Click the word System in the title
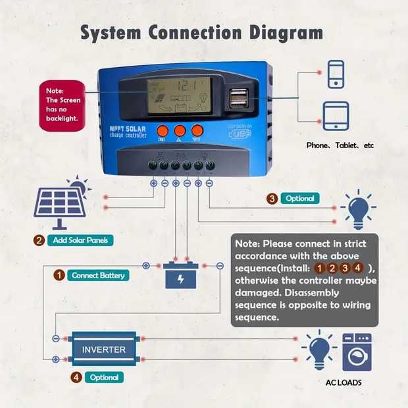coord(112,33)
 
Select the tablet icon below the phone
coord(336,115)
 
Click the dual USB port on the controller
coord(239,99)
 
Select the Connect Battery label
coord(97,275)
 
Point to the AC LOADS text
coord(344,382)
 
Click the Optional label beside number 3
coord(300,198)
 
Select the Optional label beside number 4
coord(103,378)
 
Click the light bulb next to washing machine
coord(319,349)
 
